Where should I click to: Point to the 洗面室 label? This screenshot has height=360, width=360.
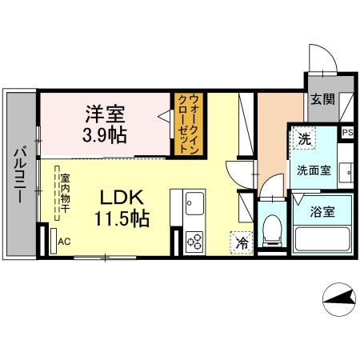click(313, 170)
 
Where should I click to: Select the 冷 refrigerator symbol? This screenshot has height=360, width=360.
click(241, 240)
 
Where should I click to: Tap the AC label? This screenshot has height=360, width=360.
click(63, 239)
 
